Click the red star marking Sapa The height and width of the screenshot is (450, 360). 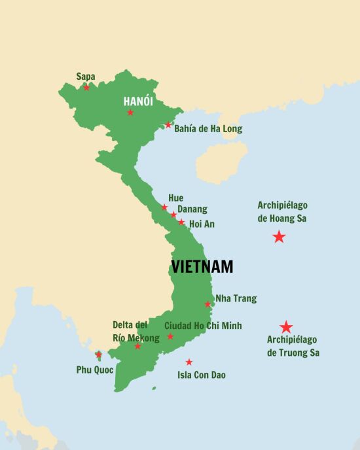(86, 88)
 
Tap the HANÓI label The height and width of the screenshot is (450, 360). (138, 101)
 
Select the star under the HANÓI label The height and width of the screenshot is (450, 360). (130, 113)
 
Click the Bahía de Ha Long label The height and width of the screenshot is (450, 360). (207, 129)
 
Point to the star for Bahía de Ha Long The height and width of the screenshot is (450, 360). (168, 125)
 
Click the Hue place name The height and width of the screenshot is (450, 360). (175, 198)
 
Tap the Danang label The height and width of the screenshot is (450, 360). (192, 209)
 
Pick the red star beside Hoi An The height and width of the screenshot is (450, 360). (181, 222)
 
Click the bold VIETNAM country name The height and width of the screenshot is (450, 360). (202, 267)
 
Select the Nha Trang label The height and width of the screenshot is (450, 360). (236, 299)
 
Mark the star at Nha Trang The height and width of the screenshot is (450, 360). (207, 304)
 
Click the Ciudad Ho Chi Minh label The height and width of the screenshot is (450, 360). (203, 326)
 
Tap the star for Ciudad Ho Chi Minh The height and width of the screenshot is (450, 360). (170, 337)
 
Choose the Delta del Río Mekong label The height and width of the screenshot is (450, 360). (135, 332)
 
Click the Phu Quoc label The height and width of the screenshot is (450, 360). (95, 370)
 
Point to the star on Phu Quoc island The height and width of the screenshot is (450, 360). (98, 355)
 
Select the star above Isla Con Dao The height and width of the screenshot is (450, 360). (189, 362)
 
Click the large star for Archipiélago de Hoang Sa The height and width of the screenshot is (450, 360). (279, 237)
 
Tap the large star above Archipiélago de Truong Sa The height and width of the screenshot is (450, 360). (286, 327)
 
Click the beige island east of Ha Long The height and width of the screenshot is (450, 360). (222, 162)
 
